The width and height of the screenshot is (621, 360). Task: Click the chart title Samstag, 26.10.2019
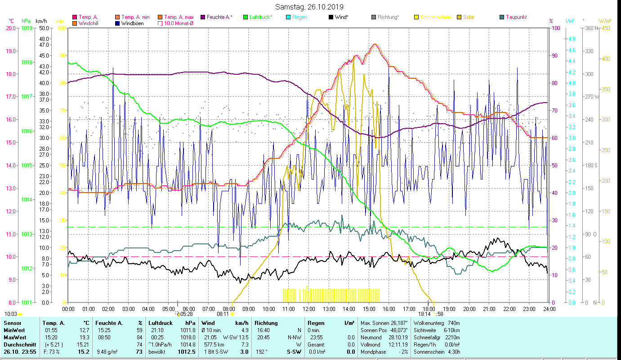click(x=310, y=7)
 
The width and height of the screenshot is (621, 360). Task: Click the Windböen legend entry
click(x=133, y=23)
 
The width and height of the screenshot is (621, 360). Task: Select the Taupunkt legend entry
click(x=516, y=17)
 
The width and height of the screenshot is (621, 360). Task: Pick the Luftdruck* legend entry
click(x=260, y=17)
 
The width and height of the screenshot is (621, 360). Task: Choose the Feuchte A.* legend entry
click(x=219, y=17)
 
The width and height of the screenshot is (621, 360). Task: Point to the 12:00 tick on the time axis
click(x=308, y=309)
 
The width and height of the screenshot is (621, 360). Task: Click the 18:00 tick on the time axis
click(x=429, y=309)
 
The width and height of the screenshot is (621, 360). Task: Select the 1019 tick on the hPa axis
click(x=27, y=28)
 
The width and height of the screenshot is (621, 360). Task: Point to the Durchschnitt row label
click(x=20, y=344)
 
